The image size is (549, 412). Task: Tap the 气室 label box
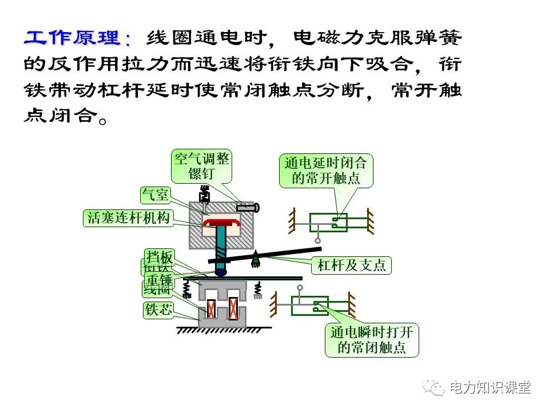(x=155, y=195)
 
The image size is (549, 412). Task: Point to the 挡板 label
(x=158, y=257)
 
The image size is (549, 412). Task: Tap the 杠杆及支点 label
(x=351, y=266)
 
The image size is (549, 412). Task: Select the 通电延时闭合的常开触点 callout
(x=326, y=171)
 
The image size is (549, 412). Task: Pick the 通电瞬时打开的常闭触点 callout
(x=372, y=340)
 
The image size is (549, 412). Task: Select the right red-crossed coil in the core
(x=233, y=310)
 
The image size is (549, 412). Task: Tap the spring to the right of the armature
(x=258, y=290)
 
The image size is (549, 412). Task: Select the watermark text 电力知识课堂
(x=490, y=388)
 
